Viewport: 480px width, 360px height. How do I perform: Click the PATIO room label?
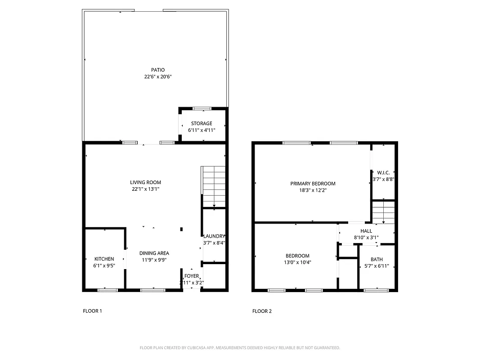157,70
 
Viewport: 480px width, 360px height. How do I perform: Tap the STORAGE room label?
201,123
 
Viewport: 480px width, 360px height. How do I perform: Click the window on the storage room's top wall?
202,108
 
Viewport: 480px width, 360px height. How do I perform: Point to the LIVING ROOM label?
145,182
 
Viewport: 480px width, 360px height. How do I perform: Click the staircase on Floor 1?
213,186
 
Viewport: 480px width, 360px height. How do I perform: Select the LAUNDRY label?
214,236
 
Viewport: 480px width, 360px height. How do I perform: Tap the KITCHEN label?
104,259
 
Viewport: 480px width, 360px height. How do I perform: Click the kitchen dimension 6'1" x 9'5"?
104,265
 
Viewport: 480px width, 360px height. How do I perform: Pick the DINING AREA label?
154,253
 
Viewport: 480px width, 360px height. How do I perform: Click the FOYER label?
191,276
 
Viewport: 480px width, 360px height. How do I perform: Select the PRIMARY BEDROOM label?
313,184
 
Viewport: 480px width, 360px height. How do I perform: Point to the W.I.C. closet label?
383,172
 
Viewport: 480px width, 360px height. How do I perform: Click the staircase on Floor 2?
383,212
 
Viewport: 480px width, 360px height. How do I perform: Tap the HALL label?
366,231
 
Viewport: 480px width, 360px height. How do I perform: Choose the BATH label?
377,259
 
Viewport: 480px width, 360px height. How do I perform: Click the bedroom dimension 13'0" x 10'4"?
297,262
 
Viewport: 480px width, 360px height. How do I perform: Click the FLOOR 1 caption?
92,311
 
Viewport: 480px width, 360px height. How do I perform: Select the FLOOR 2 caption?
262,311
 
